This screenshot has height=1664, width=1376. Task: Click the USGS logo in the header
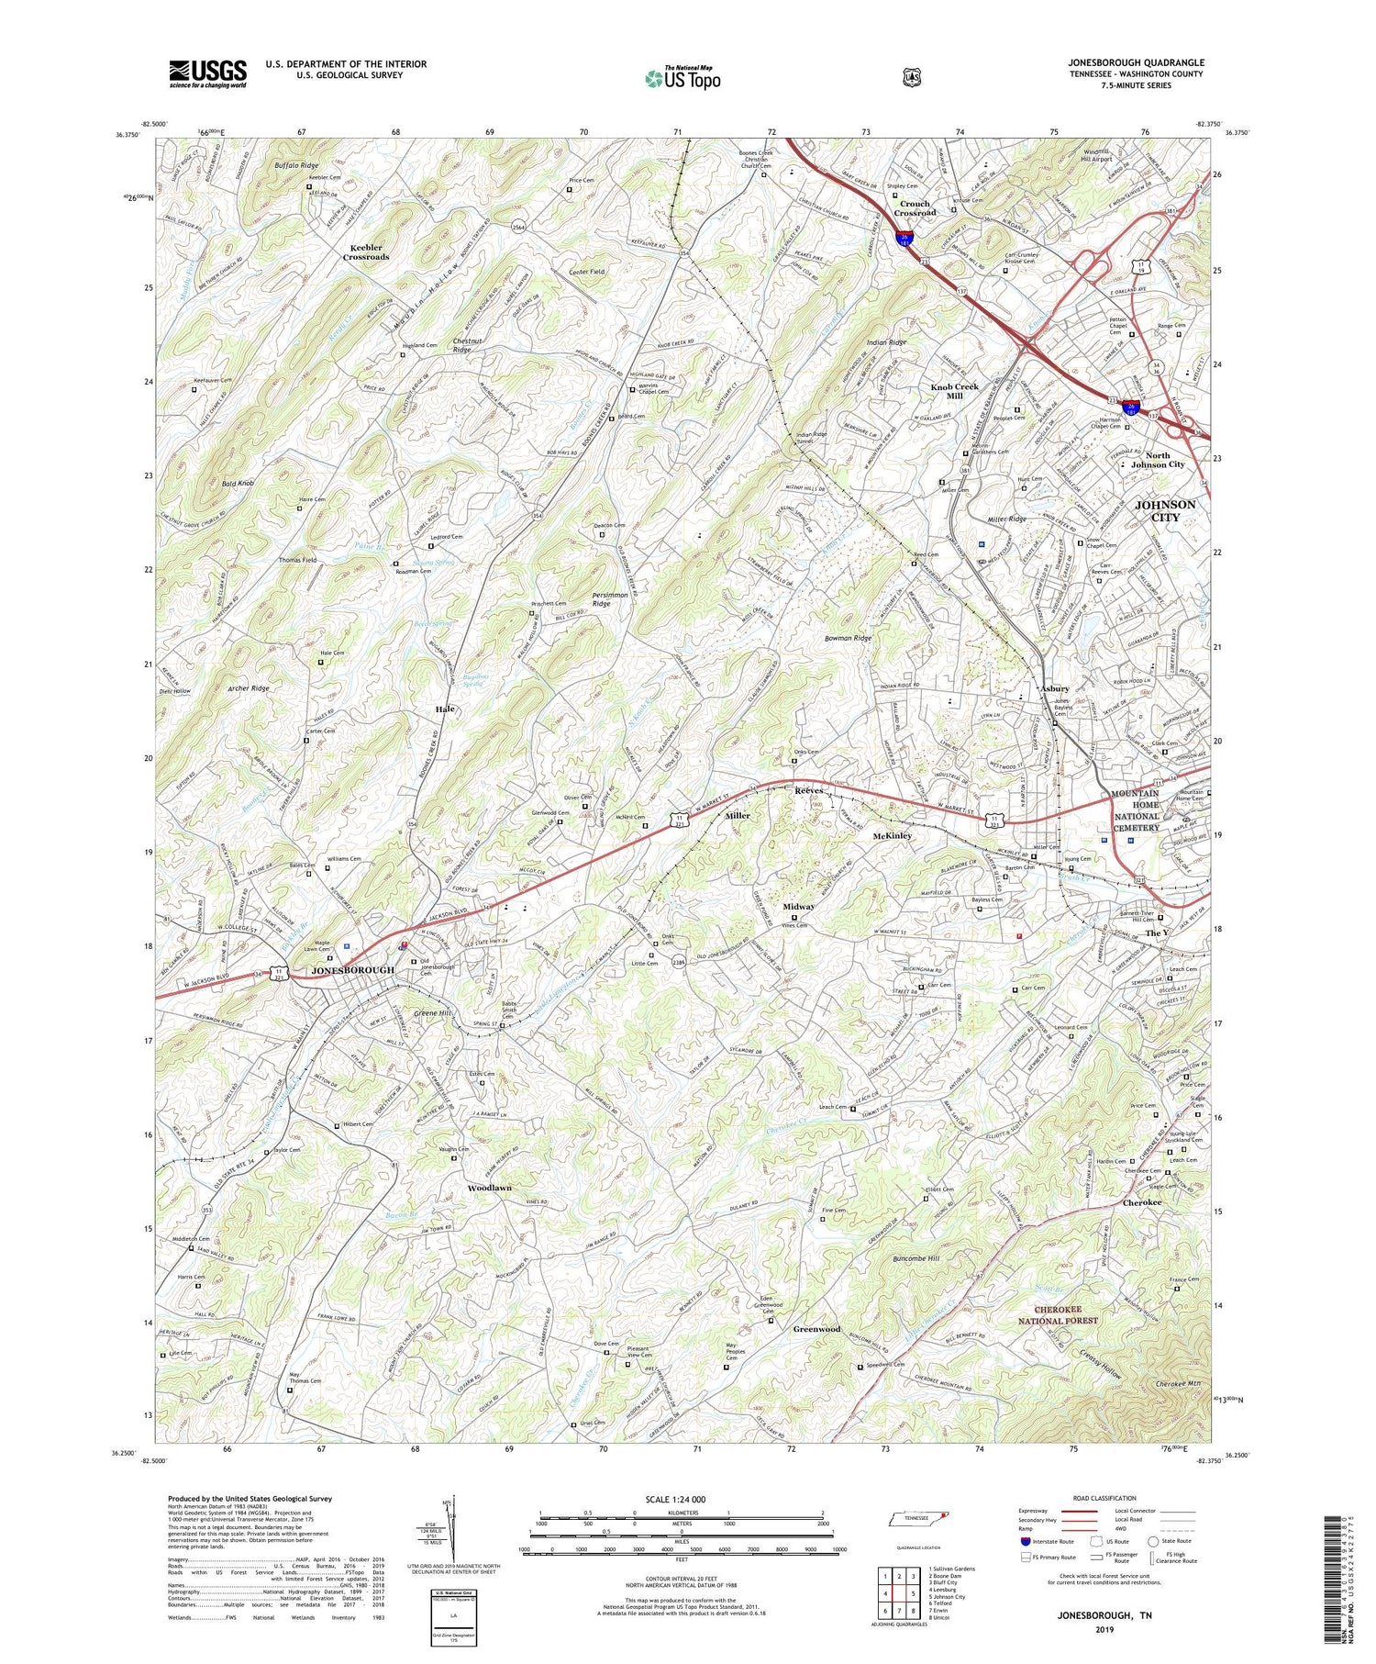click(x=207, y=73)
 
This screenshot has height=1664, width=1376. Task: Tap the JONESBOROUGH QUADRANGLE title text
click(x=1136, y=62)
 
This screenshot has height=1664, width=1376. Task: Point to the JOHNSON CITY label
click(x=1165, y=510)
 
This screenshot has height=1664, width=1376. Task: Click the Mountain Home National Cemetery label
click(x=1136, y=810)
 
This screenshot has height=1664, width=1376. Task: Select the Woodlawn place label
click(x=490, y=1188)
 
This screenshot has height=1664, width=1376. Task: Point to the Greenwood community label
click(x=816, y=1329)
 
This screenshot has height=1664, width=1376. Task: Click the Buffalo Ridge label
click(x=296, y=165)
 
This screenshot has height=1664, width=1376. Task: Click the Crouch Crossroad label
click(x=915, y=208)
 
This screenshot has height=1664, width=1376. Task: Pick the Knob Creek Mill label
click(x=955, y=391)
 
